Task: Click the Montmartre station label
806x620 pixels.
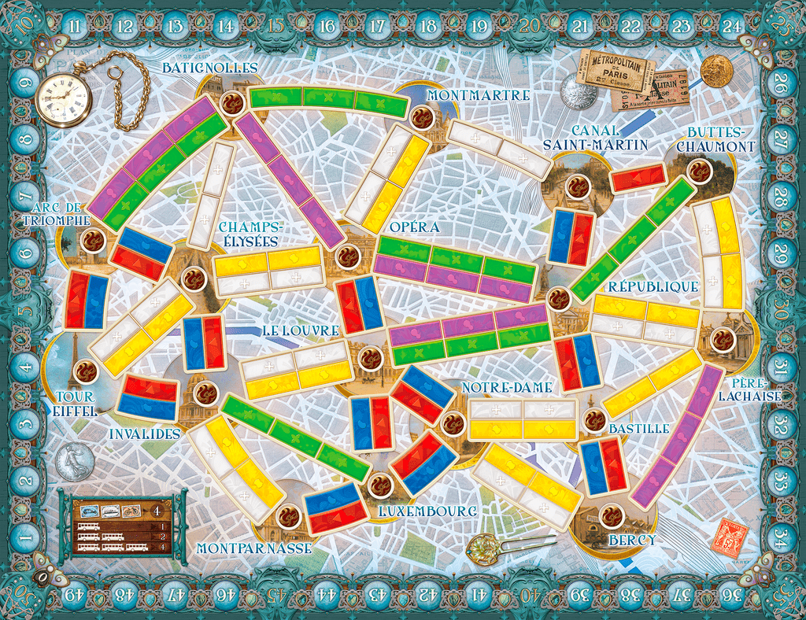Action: click(479, 95)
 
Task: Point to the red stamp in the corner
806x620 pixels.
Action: click(728, 536)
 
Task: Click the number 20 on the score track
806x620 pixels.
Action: click(530, 25)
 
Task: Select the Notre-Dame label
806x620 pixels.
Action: click(506, 387)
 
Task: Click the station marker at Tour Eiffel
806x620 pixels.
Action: click(84, 371)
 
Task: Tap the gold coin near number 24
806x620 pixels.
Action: click(716, 71)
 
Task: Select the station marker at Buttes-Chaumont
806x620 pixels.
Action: click(697, 170)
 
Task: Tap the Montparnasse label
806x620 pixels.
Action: click(253, 548)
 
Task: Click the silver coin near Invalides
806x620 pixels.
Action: click(74, 461)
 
